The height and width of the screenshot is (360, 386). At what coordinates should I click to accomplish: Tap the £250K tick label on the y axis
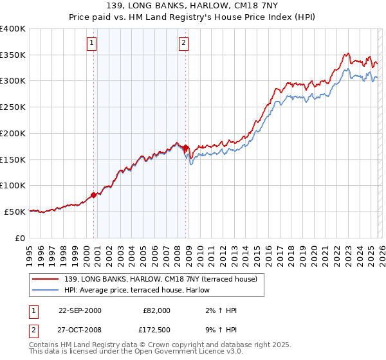pyautogui.click(x=12, y=107)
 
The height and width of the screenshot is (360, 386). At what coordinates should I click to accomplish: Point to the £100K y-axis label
pyautogui.click(x=12, y=185)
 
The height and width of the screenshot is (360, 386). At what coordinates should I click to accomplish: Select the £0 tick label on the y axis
pyautogui.click(x=20, y=238)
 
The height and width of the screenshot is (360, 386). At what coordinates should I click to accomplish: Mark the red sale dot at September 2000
pyautogui.click(x=94, y=195)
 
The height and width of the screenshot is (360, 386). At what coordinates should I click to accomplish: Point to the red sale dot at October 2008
pyautogui.click(x=186, y=147)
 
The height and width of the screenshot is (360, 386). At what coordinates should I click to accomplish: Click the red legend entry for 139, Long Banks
pyautogui.click(x=161, y=278)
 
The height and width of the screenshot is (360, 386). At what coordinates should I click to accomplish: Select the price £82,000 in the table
pyautogui.click(x=156, y=310)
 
